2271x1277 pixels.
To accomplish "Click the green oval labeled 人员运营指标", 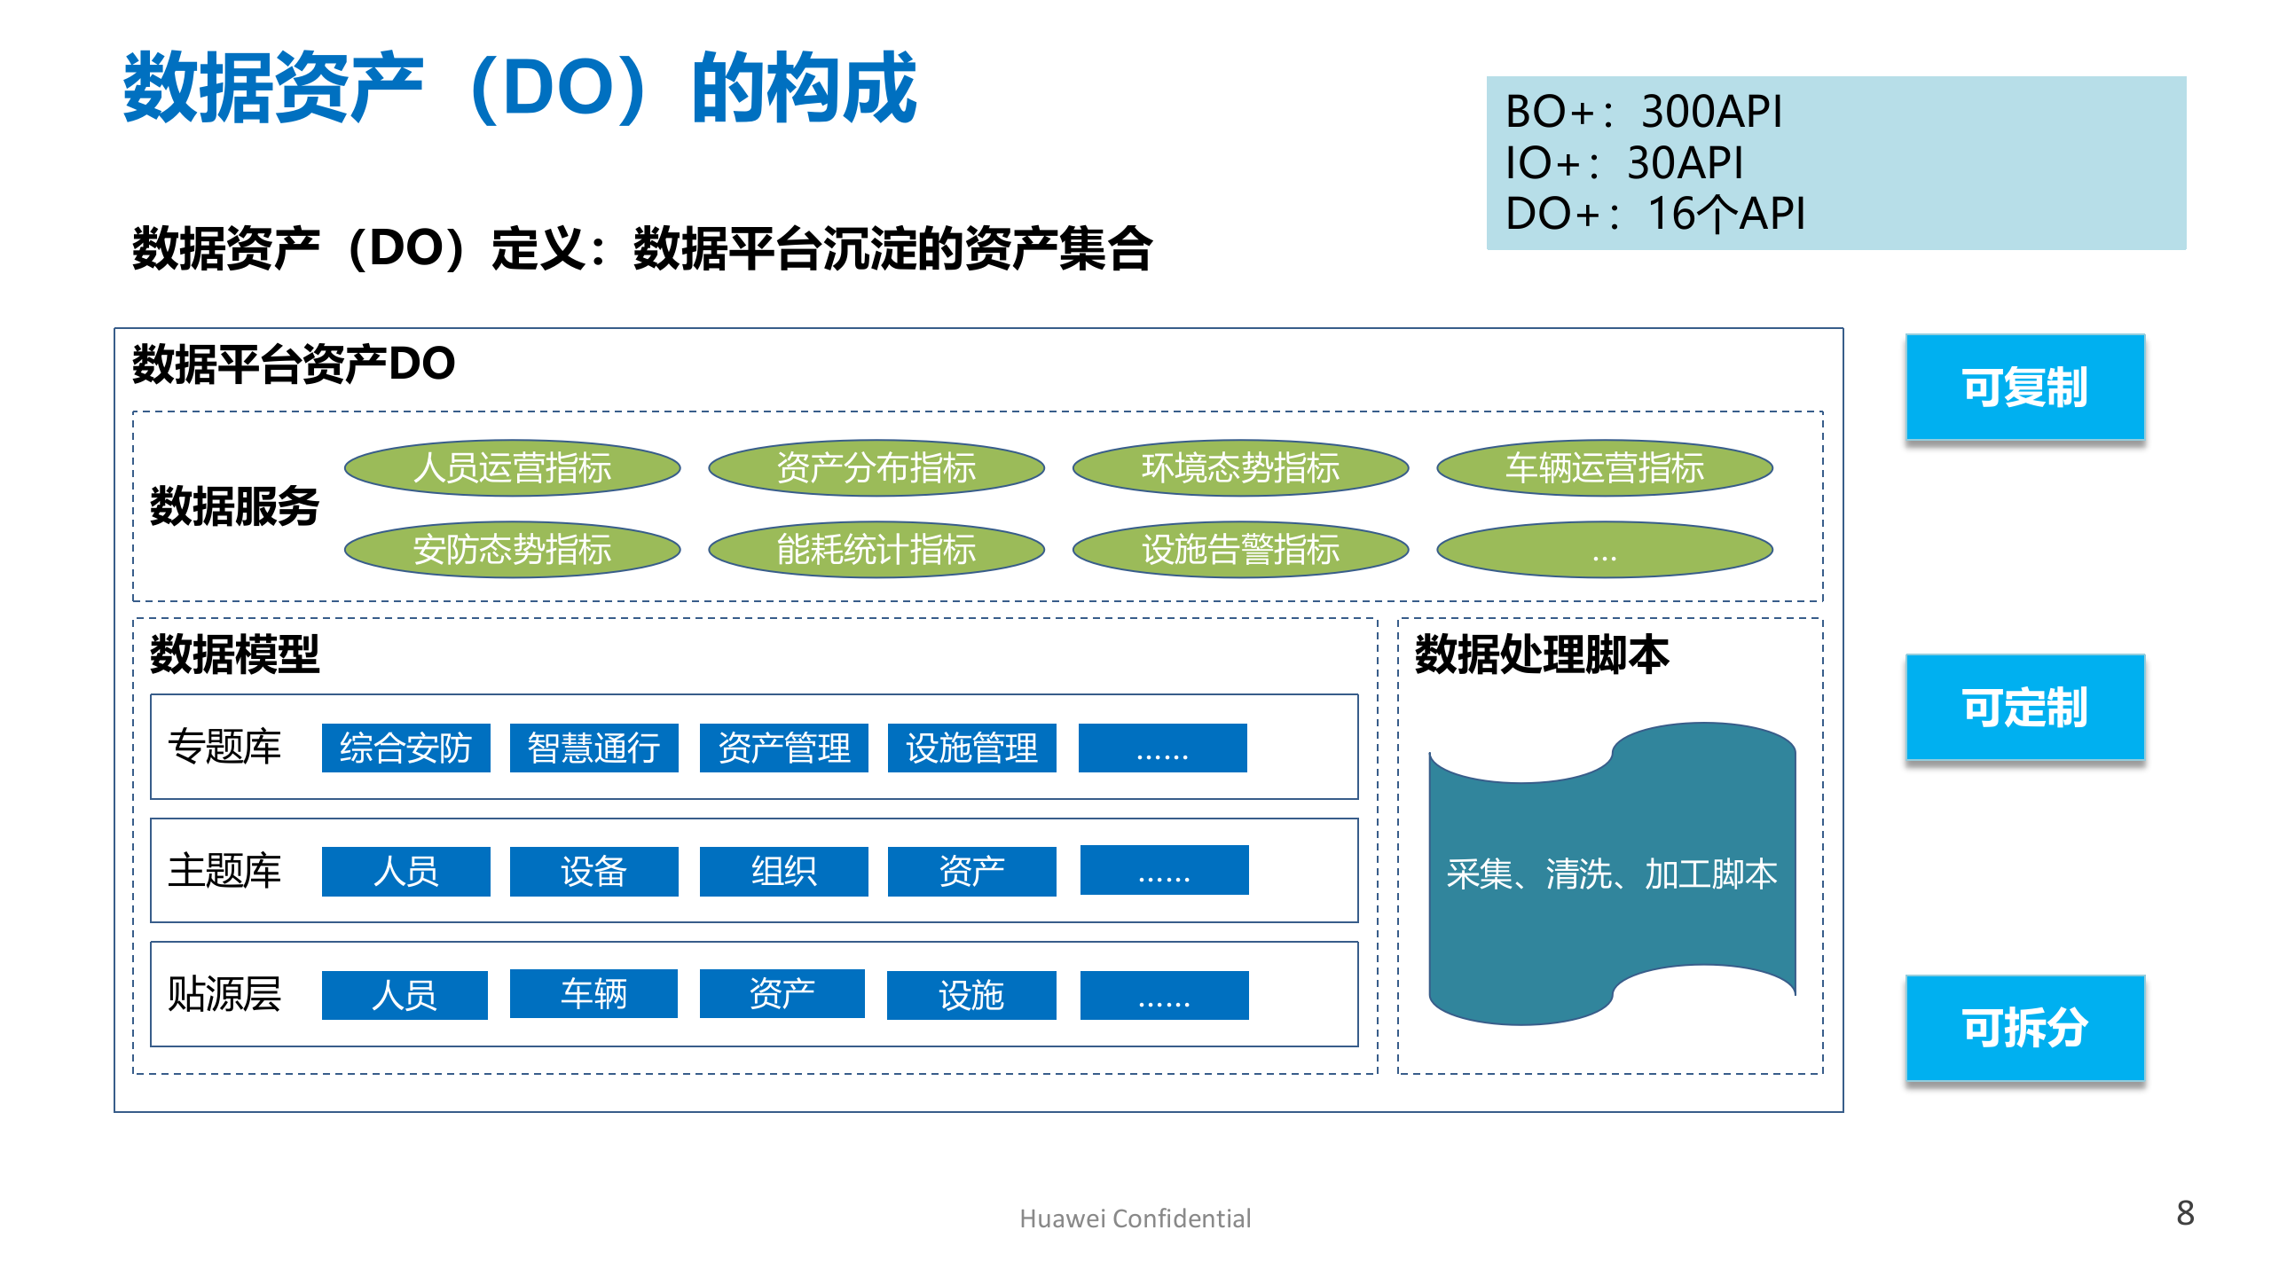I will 512,467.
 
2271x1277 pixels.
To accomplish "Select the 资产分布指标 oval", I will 876,467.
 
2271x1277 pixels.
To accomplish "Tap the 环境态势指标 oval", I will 1240,467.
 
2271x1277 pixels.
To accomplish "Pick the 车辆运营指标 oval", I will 1604,467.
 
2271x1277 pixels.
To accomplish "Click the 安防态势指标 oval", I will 512,549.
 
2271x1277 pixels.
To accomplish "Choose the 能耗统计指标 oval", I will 876,549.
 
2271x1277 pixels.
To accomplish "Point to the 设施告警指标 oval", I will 1240,549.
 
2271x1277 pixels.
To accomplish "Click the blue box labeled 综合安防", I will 405,748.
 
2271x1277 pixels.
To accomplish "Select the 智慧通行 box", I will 593,748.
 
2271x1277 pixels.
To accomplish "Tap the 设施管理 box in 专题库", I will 971,748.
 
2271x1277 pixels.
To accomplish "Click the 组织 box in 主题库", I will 783,871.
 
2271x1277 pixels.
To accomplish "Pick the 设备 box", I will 593,871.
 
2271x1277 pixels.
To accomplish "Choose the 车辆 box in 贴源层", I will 593,994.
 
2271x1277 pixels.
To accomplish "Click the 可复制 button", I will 2024,388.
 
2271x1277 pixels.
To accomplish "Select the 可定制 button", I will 2024,708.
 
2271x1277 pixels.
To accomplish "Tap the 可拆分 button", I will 2024,1028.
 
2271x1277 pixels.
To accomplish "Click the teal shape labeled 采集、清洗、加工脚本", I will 1611,874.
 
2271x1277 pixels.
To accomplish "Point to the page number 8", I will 2185,1213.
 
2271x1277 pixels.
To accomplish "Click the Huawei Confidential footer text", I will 1135,1218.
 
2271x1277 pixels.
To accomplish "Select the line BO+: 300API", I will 1643,112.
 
